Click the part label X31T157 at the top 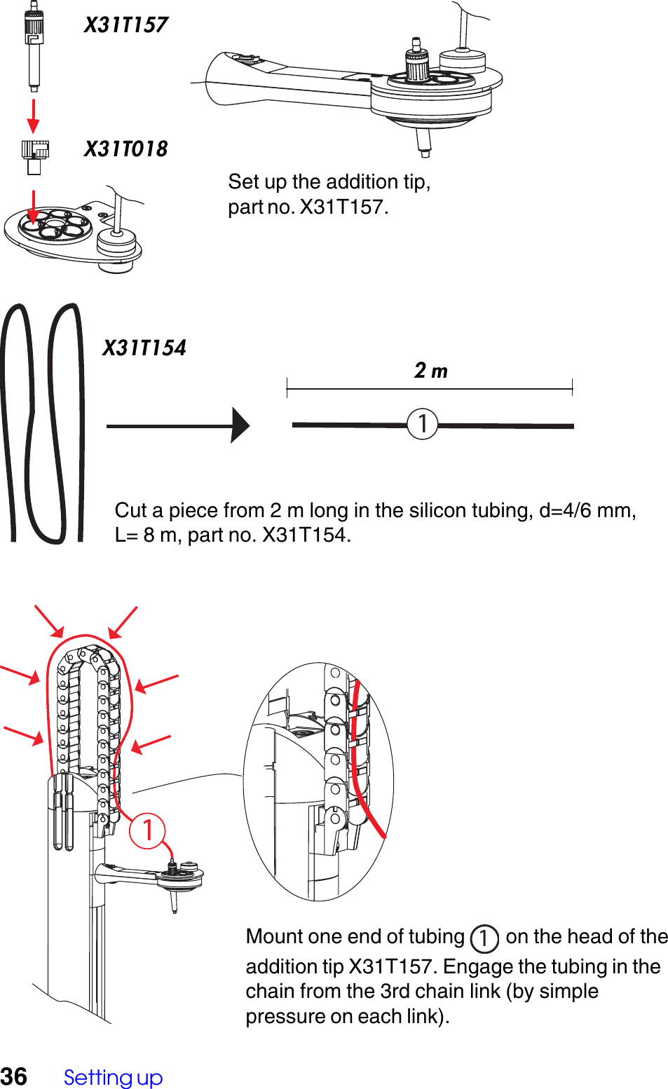(x=125, y=25)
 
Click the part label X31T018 (x=125, y=149)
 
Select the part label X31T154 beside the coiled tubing (x=144, y=348)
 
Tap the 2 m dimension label (x=430, y=370)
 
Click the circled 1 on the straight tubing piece (x=423, y=424)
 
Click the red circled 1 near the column (x=147, y=830)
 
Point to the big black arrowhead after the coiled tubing (x=240, y=425)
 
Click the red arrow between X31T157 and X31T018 (x=33, y=116)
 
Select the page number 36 (x=14, y=1076)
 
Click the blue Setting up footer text (x=113, y=1077)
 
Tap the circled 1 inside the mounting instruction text (x=484, y=938)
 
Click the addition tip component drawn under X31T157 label (x=34, y=49)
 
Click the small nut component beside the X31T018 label (x=34, y=156)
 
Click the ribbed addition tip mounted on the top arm (x=418, y=63)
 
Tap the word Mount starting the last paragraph (x=274, y=936)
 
